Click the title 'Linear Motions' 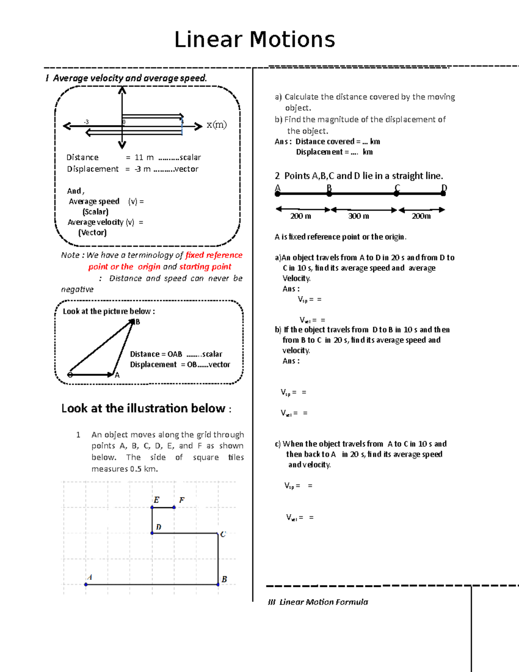(x=254, y=40)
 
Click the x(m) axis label (x=216, y=125)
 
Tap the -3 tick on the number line (x=86, y=122)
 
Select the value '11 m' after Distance (x=144, y=158)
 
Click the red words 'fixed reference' (x=214, y=255)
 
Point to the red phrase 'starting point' (x=205, y=267)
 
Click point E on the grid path (x=152, y=507)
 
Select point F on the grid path (x=174, y=507)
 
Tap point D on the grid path (x=152, y=533)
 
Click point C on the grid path (x=218, y=533)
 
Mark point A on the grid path (x=86, y=584)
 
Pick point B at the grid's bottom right (x=218, y=584)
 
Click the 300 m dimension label (x=359, y=216)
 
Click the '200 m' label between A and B (x=301, y=216)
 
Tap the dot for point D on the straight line (x=443, y=194)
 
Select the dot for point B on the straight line (x=329, y=194)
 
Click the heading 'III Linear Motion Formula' (x=318, y=602)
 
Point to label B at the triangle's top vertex (x=138, y=322)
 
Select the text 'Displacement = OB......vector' (x=180, y=365)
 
